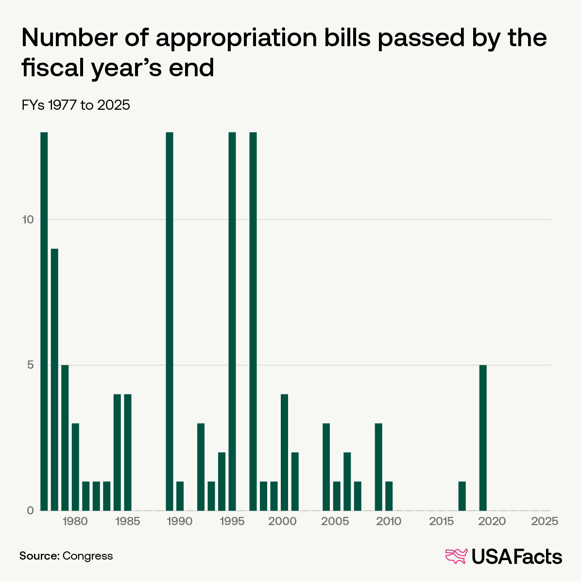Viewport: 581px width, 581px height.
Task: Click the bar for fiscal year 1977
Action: point(44,321)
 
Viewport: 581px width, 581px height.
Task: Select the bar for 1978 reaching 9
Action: point(54,379)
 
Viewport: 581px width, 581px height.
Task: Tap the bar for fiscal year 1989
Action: point(170,321)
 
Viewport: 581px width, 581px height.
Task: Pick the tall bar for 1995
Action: point(232,321)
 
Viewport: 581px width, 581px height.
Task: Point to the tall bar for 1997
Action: point(253,321)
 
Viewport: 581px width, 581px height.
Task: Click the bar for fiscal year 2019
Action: point(483,437)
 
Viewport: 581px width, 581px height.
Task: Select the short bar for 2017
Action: point(462,496)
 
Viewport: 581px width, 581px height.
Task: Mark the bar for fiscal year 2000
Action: point(285,452)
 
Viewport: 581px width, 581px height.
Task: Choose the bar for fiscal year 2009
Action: point(378,466)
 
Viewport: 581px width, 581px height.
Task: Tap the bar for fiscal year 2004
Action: point(326,466)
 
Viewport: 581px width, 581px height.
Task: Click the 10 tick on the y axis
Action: point(28,220)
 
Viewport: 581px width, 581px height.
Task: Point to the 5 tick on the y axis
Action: point(31,365)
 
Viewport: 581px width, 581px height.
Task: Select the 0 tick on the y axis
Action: point(31,511)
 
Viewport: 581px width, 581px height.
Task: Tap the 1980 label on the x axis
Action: point(75,522)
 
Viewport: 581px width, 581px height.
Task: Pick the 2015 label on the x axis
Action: point(441,522)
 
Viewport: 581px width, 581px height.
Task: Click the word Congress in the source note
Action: point(88,556)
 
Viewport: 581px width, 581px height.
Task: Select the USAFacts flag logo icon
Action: point(456,556)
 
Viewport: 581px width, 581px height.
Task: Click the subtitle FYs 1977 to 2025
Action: point(76,105)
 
